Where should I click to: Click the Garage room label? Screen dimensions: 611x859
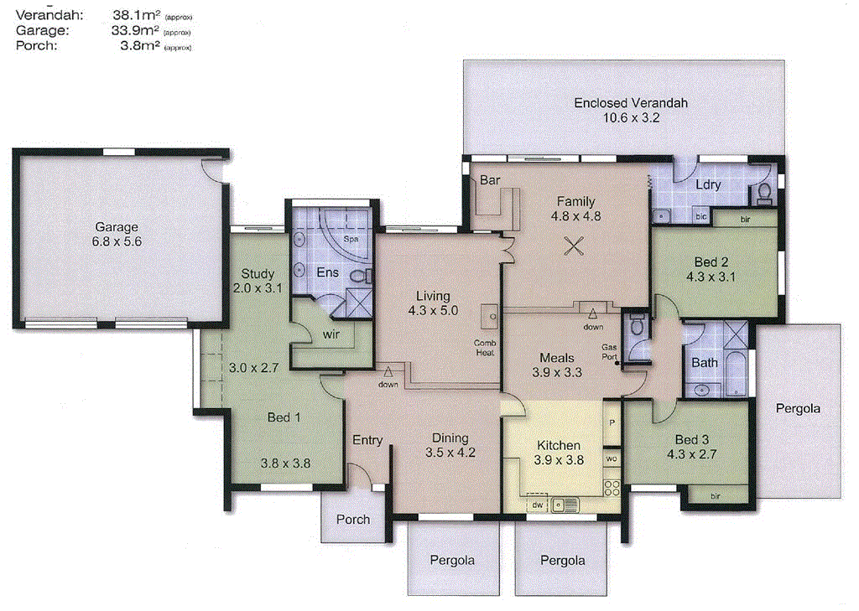(117, 227)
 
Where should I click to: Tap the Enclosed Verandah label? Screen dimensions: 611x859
(631, 103)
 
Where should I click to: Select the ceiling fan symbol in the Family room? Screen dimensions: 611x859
(574, 246)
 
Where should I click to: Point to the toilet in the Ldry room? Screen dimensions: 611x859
(764, 194)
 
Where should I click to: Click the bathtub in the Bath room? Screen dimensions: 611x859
(737, 376)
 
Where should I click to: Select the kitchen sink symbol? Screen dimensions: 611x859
(565, 505)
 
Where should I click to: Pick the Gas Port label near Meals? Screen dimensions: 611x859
(609, 351)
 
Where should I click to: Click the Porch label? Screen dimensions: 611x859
(353, 519)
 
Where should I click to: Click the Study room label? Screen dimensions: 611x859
(258, 273)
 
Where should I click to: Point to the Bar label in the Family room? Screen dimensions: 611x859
(489, 179)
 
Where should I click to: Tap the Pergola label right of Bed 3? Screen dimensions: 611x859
(798, 410)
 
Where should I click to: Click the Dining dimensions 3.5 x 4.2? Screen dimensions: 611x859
(450, 453)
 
